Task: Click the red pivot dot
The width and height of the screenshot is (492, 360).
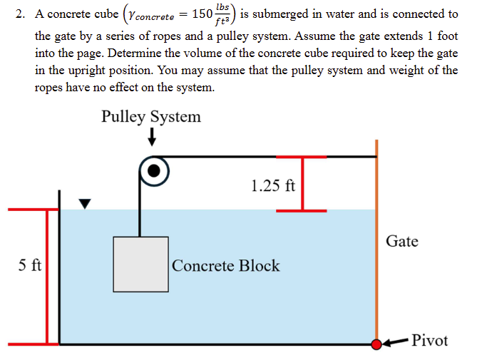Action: click(376, 344)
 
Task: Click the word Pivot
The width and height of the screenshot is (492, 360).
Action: click(430, 340)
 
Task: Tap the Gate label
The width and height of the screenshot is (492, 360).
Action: click(401, 242)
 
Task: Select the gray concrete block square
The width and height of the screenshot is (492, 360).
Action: click(140, 264)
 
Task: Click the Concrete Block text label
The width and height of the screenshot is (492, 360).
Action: click(225, 266)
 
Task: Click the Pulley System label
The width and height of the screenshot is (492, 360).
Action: click(150, 116)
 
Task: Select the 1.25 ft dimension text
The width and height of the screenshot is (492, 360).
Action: click(272, 186)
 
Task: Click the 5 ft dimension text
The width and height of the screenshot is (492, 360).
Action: click(29, 266)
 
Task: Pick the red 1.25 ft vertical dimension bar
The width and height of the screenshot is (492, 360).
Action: click(302, 183)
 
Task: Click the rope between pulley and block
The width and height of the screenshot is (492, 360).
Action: click(140, 214)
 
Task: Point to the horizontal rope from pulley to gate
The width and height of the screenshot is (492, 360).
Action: click(271, 155)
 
